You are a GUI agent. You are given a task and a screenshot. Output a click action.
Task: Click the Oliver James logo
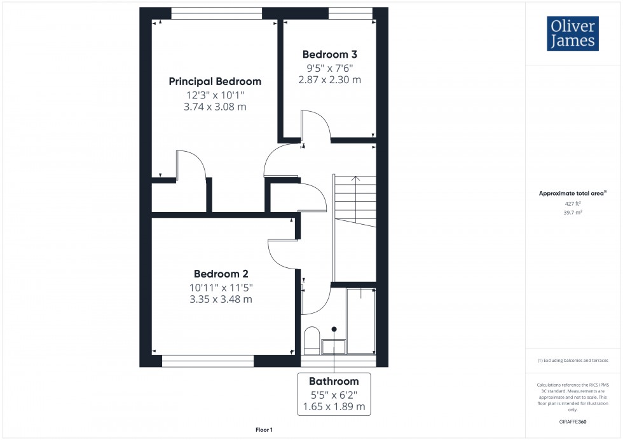coord(572,34)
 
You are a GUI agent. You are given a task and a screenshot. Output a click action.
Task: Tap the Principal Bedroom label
coord(215,81)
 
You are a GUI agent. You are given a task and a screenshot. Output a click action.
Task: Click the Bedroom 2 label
coord(221,274)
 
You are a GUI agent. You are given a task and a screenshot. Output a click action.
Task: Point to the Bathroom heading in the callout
coord(334,382)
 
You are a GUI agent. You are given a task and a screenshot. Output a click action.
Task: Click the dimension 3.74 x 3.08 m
coord(215,107)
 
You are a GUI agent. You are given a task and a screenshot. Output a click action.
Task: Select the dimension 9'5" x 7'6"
coord(329,68)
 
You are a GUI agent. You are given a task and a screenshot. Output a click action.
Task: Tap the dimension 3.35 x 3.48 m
coord(221,299)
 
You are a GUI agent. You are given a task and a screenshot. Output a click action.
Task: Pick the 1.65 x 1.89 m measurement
coord(334,406)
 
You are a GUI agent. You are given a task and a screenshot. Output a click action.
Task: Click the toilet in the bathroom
coord(311,341)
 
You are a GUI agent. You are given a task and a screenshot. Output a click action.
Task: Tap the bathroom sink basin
coord(334,346)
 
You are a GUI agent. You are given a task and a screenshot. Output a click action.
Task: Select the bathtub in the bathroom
coord(361,321)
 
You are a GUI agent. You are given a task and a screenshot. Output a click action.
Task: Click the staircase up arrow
coord(355,179)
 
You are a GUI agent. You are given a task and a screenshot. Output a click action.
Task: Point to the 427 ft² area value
coord(573,203)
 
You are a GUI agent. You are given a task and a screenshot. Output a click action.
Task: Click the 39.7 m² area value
coord(573,213)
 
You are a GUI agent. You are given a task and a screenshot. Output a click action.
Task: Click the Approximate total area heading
coord(573,193)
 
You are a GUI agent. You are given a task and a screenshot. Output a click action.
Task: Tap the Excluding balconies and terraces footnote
coord(573,360)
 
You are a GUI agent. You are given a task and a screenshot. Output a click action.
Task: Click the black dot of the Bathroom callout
coord(334,330)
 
